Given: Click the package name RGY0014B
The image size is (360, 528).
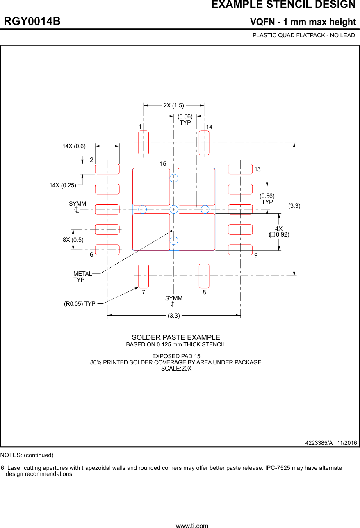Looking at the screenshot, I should click(x=32, y=21).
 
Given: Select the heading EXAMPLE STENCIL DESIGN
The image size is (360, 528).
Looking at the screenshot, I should click(x=283, y=5).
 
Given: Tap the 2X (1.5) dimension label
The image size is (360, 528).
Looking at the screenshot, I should click(x=173, y=105).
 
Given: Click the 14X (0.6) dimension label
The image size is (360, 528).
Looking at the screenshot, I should click(x=74, y=146).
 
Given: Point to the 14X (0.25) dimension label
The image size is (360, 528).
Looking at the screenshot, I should click(x=63, y=185).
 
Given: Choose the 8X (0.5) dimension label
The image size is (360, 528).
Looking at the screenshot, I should click(x=73, y=240).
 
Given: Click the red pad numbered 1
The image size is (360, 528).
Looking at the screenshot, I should click(x=144, y=143).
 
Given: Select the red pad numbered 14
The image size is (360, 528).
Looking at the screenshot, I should click(x=204, y=143).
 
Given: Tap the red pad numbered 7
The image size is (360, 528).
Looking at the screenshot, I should click(x=144, y=276).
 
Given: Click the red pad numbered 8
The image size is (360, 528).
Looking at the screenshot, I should click(x=204, y=276).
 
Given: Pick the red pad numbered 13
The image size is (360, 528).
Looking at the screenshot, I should click(x=240, y=169).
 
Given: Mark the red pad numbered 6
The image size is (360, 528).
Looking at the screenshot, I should click(x=107, y=250).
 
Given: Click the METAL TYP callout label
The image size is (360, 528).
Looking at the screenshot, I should click(x=82, y=277).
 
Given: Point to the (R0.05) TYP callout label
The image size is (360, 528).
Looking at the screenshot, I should click(x=80, y=304).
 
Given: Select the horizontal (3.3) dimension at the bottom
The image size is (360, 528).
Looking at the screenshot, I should click(x=173, y=316).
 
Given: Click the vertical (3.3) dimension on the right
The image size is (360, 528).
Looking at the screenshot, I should click(x=294, y=206).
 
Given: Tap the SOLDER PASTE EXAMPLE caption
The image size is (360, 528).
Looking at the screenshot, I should click(x=175, y=337).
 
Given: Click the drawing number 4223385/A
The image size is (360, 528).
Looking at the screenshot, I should click(x=319, y=443).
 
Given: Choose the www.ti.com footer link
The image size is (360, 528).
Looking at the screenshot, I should click(x=192, y=525).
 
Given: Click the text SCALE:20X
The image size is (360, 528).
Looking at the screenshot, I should click(x=176, y=368).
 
